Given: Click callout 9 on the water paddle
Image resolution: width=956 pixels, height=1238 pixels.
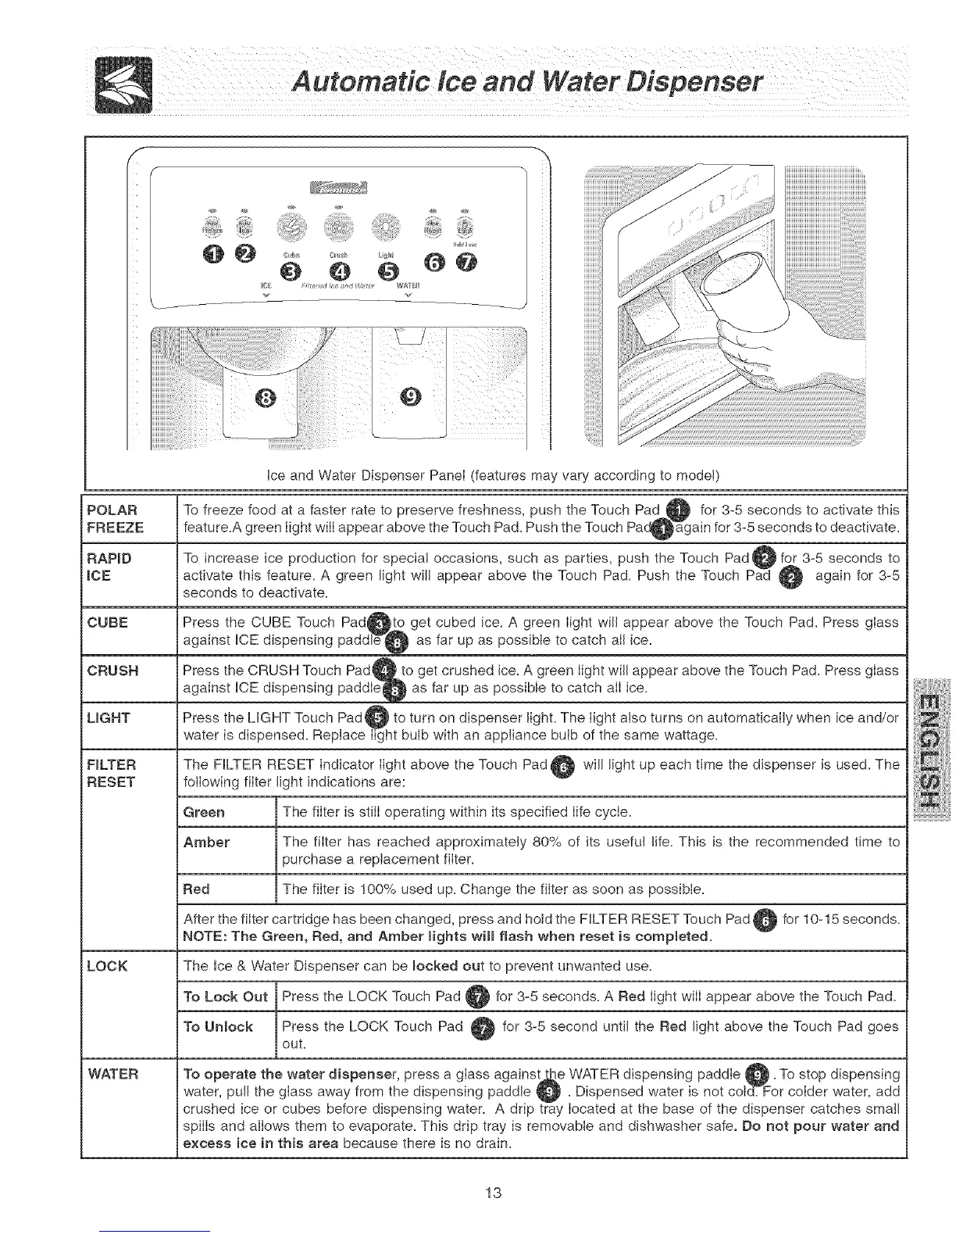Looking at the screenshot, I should (x=412, y=397).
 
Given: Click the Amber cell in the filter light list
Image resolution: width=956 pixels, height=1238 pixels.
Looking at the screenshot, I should (x=206, y=842).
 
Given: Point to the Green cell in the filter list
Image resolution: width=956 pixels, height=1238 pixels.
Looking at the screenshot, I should (x=204, y=812).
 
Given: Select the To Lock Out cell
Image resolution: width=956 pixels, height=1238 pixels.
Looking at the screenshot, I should (x=225, y=996).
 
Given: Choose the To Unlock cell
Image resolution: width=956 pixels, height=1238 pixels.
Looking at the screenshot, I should (x=218, y=1026).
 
